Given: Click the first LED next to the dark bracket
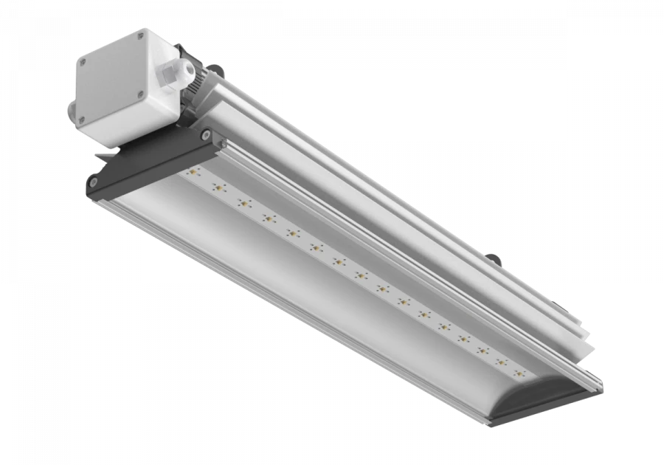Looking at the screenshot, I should [x=194, y=173].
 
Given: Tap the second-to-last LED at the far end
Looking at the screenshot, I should [x=503, y=362].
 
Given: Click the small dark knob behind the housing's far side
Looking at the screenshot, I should [x=502, y=261].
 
